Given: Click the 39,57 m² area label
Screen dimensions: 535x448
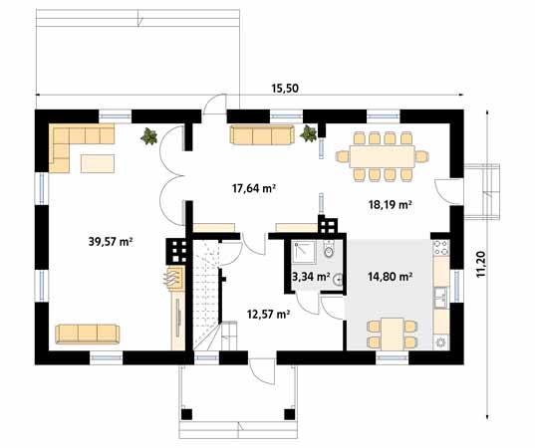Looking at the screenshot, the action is pyautogui.click(x=111, y=242).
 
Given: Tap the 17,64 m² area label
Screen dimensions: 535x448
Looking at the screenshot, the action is pyautogui.click(x=254, y=188).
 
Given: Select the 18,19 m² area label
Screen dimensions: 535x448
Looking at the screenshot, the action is pyautogui.click(x=390, y=204).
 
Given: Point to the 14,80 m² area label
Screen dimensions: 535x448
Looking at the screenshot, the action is pyautogui.click(x=390, y=276).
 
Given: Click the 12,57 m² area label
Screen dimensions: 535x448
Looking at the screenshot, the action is pyautogui.click(x=269, y=314).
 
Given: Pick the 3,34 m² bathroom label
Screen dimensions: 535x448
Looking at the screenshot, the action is pyautogui.click(x=311, y=276).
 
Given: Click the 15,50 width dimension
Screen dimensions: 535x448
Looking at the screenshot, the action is pyautogui.click(x=285, y=89).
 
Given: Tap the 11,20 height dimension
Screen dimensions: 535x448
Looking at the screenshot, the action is pyautogui.click(x=481, y=264).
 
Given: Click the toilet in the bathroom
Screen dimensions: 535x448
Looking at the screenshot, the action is pyautogui.click(x=329, y=250).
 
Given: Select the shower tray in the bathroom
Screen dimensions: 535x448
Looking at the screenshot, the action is pyautogui.click(x=303, y=252).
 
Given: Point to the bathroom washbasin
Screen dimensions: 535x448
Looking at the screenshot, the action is pyautogui.click(x=338, y=280).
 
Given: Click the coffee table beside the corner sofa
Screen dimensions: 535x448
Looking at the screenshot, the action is pyautogui.click(x=98, y=163).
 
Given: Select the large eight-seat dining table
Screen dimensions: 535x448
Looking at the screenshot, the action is pyautogui.click(x=383, y=156).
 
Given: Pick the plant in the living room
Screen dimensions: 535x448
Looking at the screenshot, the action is pyautogui.click(x=149, y=135).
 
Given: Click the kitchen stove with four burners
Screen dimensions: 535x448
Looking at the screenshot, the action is pyautogui.click(x=440, y=248).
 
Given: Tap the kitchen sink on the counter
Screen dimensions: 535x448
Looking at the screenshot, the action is pyautogui.click(x=441, y=298).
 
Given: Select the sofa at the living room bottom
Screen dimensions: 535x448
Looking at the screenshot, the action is pyautogui.click(x=88, y=334).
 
